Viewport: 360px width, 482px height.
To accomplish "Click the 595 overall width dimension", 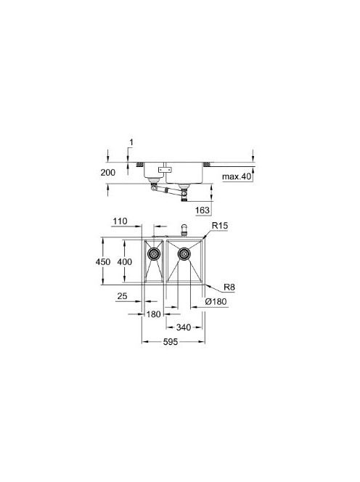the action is tap(171, 341).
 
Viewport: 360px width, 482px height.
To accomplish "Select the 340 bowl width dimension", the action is tap(184, 327).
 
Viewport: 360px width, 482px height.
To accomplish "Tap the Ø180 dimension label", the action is tap(216, 301).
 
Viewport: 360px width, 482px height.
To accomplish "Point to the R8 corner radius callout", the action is tap(229, 287).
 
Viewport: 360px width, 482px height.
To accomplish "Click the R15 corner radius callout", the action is tap(220, 226).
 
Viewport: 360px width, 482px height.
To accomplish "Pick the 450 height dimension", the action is tap(103, 261).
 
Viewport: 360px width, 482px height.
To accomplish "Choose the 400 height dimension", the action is tap(125, 261).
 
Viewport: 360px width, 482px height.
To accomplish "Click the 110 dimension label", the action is tap(120, 221).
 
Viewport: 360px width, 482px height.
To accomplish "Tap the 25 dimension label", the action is tap(122, 296).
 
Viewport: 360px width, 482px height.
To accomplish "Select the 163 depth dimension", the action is tap(202, 211).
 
